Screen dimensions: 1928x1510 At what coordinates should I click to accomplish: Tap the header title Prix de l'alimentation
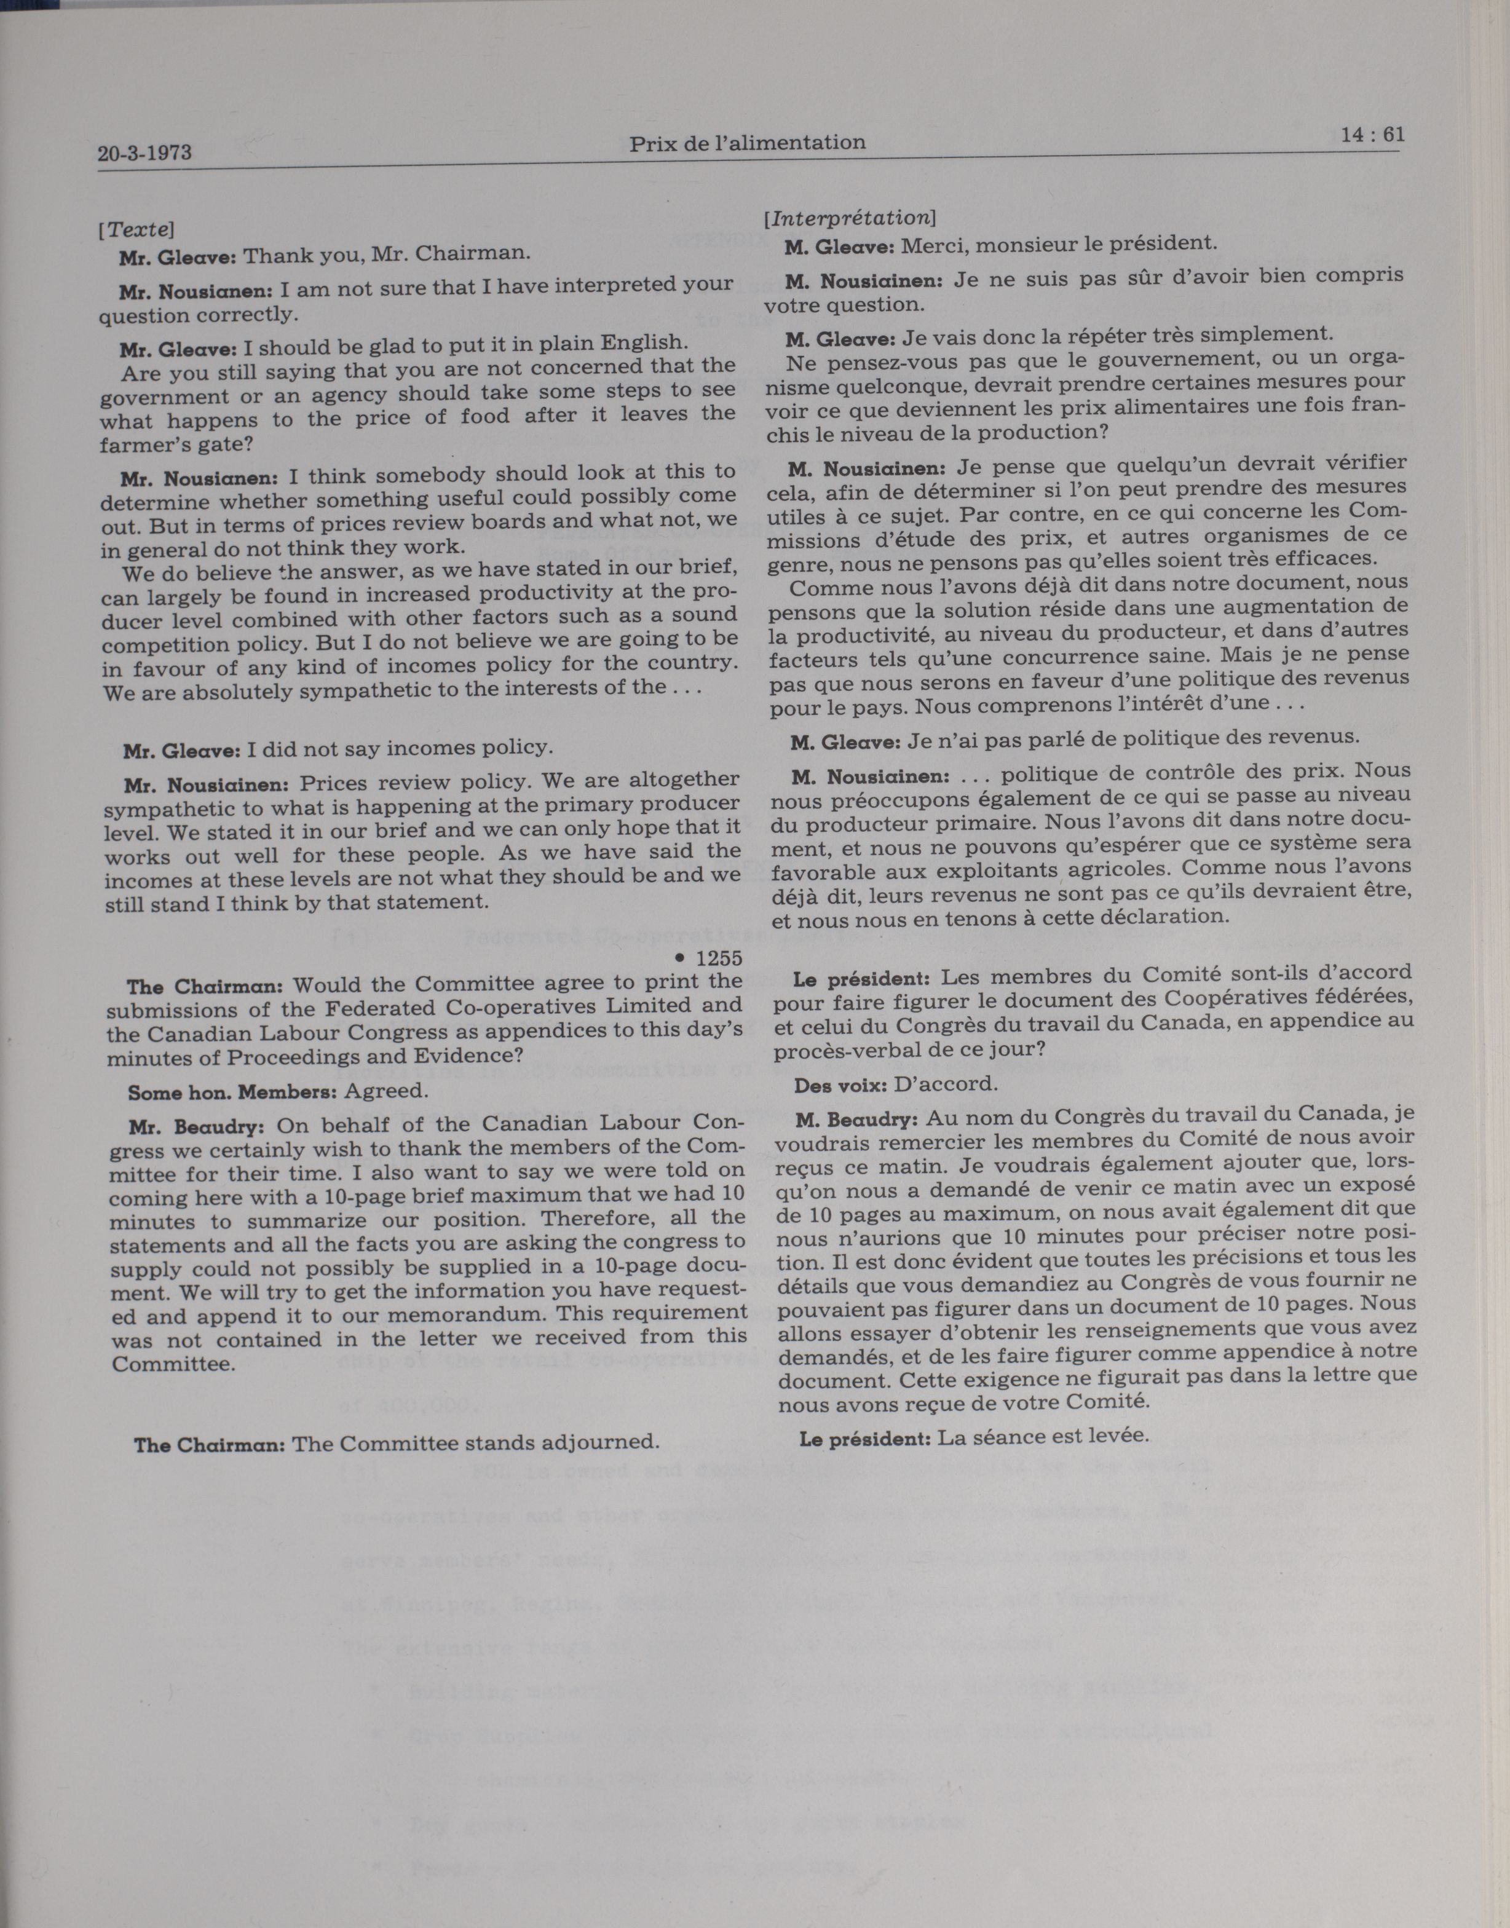[x=747, y=142]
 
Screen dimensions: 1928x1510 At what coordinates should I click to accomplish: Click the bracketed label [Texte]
[x=136, y=229]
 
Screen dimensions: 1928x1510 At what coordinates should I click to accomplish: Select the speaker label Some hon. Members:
[x=232, y=1092]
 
